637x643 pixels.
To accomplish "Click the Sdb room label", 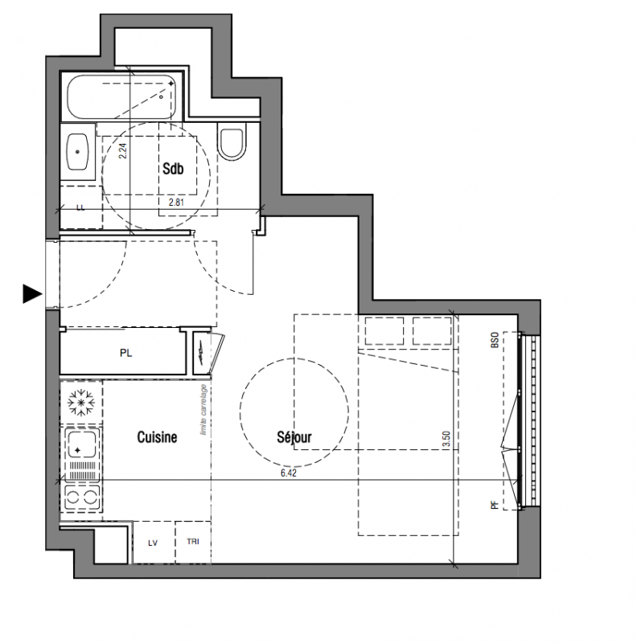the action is tap(173, 169).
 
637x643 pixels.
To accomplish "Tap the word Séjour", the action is tap(294, 437).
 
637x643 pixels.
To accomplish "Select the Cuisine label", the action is tap(157, 437).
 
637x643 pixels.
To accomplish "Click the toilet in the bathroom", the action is tap(232, 141).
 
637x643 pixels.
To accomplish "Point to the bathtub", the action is tap(121, 97).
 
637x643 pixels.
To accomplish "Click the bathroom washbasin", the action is tap(77, 152).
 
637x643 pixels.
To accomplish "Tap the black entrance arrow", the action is tap(32, 293).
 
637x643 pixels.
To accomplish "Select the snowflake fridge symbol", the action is tap(81, 403).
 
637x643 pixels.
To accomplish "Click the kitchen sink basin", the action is tap(82, 444).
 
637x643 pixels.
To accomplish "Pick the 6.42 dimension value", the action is tap(289, 473).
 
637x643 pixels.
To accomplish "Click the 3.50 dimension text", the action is tap(446, 439).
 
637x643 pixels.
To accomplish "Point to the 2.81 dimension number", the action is tap(176, 203).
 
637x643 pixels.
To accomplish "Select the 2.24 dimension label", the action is tap(123, 150).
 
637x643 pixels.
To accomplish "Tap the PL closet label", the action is tap(126, 353).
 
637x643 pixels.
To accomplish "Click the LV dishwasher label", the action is tap(153, 543).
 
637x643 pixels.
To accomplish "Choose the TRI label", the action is tap(193, 542).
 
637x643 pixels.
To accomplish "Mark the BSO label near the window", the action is tap(495, 340).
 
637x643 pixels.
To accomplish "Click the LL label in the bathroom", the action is tap(80, 207).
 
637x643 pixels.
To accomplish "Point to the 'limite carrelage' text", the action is tap(203, 410).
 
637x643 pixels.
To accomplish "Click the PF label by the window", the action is tap(495, 505).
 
